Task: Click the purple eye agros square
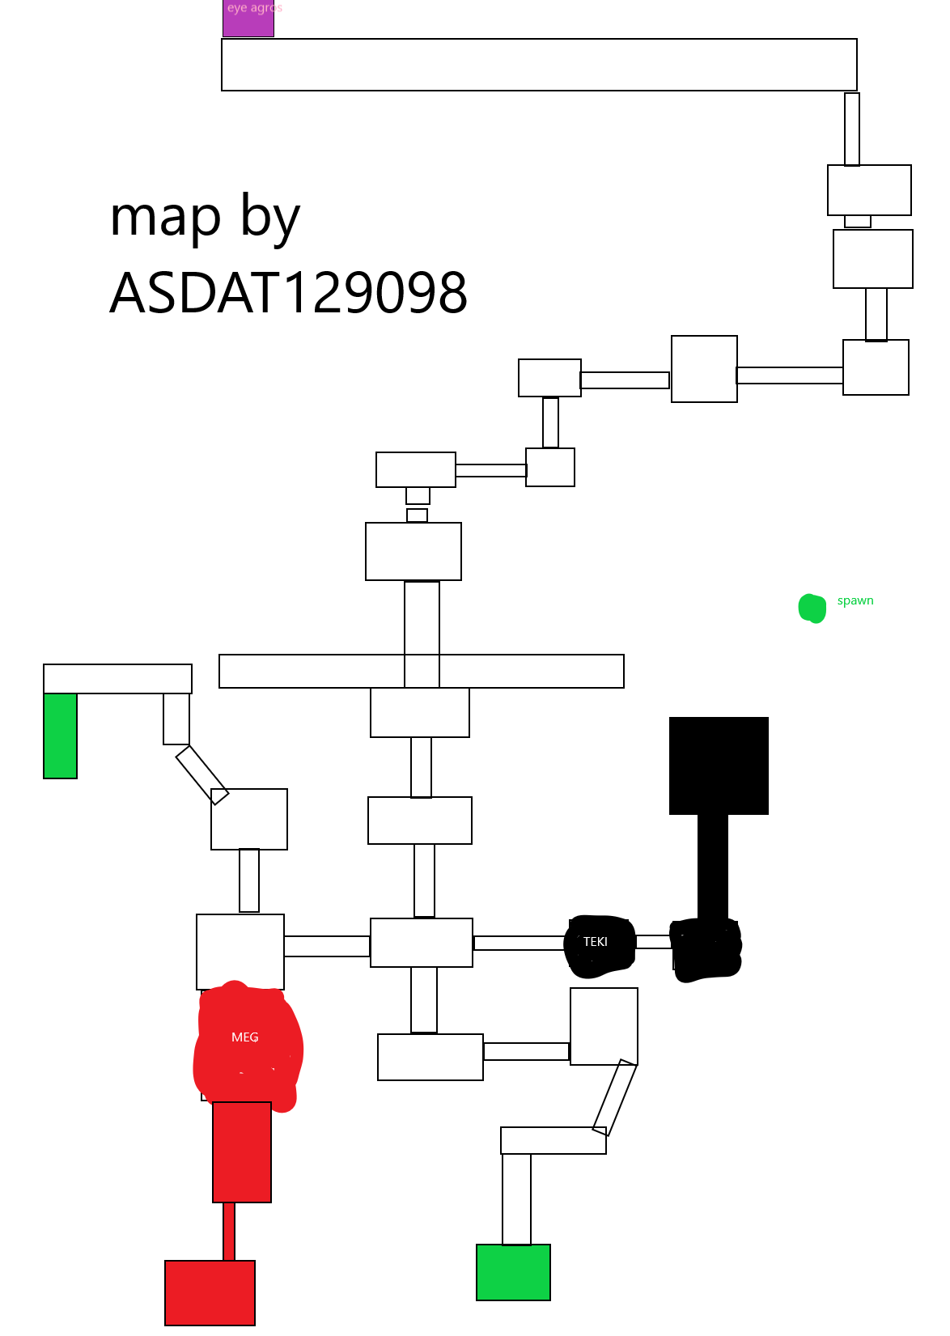click(x=248, y=19)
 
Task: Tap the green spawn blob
click(x=812, y=609)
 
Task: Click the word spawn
click(x=855, y=600)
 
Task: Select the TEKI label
click(x=596, y=942)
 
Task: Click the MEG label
click(x=245, y=1037)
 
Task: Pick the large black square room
click(x=719, y=766)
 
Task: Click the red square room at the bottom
click(x=210, y=1292)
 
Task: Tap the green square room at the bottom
click(x=514, y=1272)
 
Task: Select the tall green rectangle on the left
click(x=61, y=736)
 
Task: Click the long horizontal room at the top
click(x=539, y=65)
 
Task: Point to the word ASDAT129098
click(x=289, y=293)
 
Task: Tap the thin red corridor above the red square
click(x=229, y=1231)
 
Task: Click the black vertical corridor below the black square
click(x=713, y=866)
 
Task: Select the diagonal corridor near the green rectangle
click(x=202, y=775)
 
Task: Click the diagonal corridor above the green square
click(x=615, y=1097)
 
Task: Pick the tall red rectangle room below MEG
click(x=242, y=1152)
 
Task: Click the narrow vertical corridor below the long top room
click(x=852, y=129)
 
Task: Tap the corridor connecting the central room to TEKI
click(x=520, y=943)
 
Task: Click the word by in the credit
click(x=270, y=218)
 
